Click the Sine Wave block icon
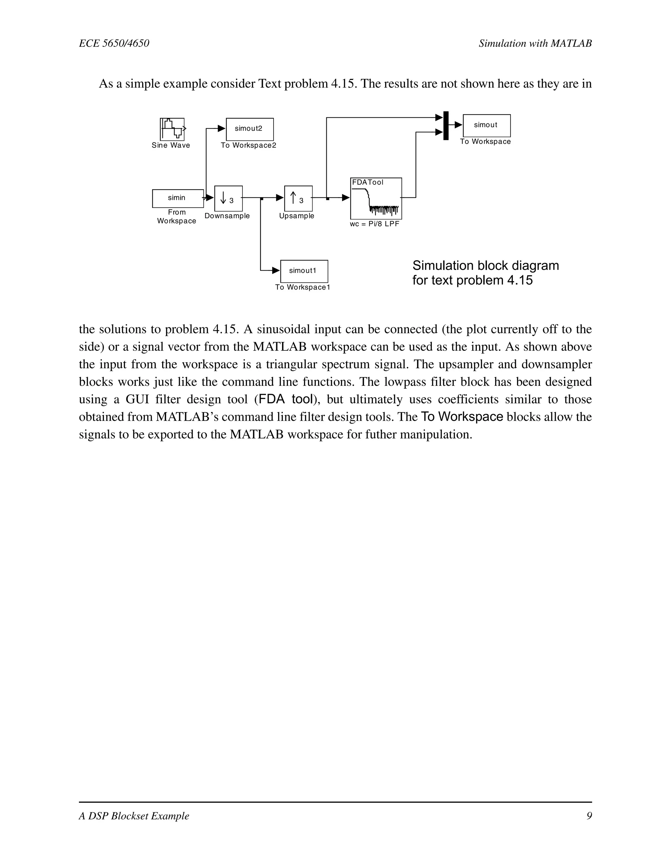coord(172,129)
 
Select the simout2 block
coord(250,129)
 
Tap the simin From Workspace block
coord(178,198)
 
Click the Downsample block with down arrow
coord(228,198)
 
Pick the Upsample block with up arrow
coord(298,198)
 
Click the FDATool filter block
coord(376,198)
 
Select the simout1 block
coord(304,271)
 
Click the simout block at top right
coord(487,125)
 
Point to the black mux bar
coord(446,125)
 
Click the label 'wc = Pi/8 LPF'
coord(374,224)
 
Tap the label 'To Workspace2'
coord(248,145)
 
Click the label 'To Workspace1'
coord(302,287)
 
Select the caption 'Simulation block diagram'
coord(485,266)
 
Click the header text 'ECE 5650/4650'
coord(114,43)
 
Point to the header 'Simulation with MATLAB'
coord(535,43)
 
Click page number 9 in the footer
coord(589,816)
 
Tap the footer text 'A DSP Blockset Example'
coord(134,816)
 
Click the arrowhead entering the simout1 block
coord(276,271)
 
